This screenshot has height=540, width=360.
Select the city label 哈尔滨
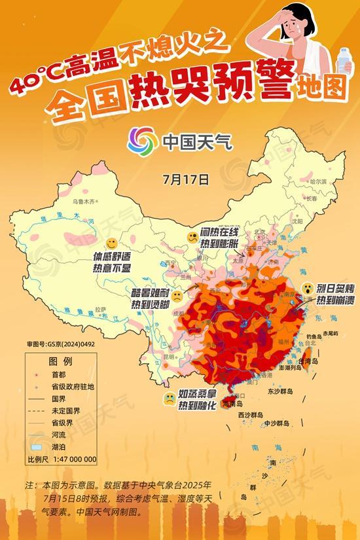pyautogui.click(x=317, y=180)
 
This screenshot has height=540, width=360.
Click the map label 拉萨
pyautogui.click(x=100, y=308)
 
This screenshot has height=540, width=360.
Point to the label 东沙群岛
pyautogui.click(x=280, y=391)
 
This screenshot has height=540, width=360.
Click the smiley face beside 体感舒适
pyautogui.click(x=112, y=243)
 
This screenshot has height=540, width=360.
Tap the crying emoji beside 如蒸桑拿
pyautogui.click(x=169, y=397)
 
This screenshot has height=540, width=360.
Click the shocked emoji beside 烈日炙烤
pyautogui.click(x=306, y=288)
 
